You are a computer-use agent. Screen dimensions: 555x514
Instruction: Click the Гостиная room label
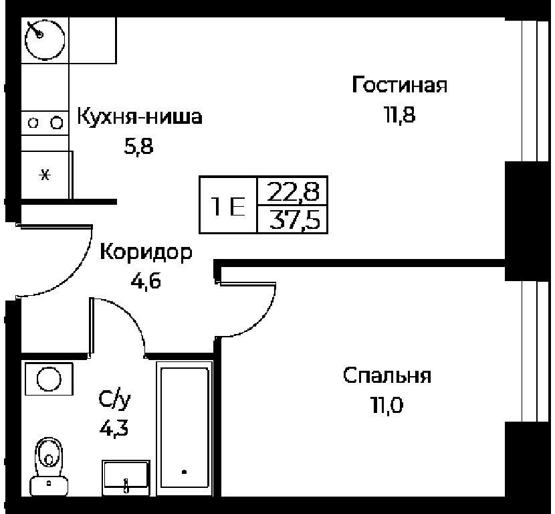click(400, 85)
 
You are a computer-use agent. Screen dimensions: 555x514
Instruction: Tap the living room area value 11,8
click(400, 114)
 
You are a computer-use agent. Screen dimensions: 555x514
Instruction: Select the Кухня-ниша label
click(140, 116)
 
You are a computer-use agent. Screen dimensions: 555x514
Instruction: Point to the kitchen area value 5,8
click(139, 146)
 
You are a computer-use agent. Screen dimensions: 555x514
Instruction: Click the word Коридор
click(146, 253)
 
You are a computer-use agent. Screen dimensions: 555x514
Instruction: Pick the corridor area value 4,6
click(146, 281)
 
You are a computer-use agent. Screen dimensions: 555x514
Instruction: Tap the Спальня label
click(387, 376)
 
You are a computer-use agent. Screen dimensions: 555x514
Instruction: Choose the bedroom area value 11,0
click(387, 406)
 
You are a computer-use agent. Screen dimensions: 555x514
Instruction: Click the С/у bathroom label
click(114, 400)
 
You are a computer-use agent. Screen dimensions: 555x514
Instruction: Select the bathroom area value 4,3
click(114, 429)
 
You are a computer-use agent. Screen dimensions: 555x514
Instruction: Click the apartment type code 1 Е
click(228, 206)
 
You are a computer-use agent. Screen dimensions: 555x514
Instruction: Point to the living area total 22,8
click(293, 191)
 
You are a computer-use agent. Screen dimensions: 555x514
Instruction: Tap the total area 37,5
click(294, 220)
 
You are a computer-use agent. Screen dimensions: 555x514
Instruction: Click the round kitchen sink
click(45, 39)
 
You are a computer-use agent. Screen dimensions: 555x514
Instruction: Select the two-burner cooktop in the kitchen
click(45, 123)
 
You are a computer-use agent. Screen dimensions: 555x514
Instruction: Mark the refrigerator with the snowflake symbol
click(45, 175)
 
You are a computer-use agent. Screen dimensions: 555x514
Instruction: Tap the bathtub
click(185, 428)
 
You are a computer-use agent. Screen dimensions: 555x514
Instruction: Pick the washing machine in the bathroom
click(49, 379)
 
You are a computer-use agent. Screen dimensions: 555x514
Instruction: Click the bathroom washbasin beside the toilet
click(126, 478)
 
